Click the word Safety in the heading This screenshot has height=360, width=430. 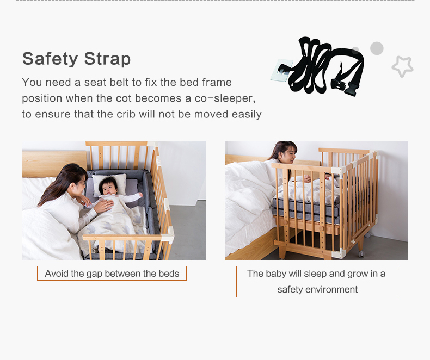(50, 59)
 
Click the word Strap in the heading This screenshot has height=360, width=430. (107, 59)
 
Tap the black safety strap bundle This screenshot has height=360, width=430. (324, 66)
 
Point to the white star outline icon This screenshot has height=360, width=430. (402, 66)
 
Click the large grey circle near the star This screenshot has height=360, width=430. (377, 48)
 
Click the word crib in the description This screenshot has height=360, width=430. (126, 114)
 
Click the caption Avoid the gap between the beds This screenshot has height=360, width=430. (112, 274)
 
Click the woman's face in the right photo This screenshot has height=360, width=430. (289, 155)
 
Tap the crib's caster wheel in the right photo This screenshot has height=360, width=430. (361, 254)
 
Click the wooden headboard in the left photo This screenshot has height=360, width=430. (54, 164)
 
